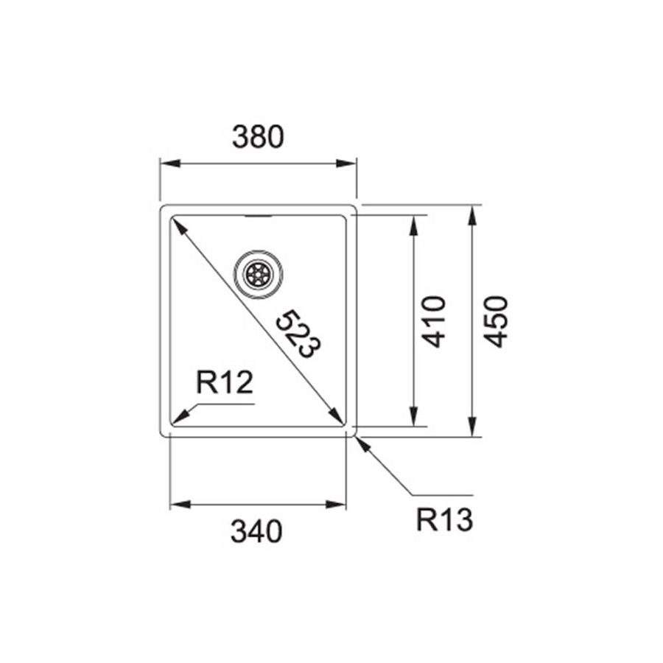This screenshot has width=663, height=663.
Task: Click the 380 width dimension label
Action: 258,137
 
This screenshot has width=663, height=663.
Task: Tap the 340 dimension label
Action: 257,531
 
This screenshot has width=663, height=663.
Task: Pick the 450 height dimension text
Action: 496,321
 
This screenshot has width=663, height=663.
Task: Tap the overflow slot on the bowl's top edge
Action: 258,217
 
